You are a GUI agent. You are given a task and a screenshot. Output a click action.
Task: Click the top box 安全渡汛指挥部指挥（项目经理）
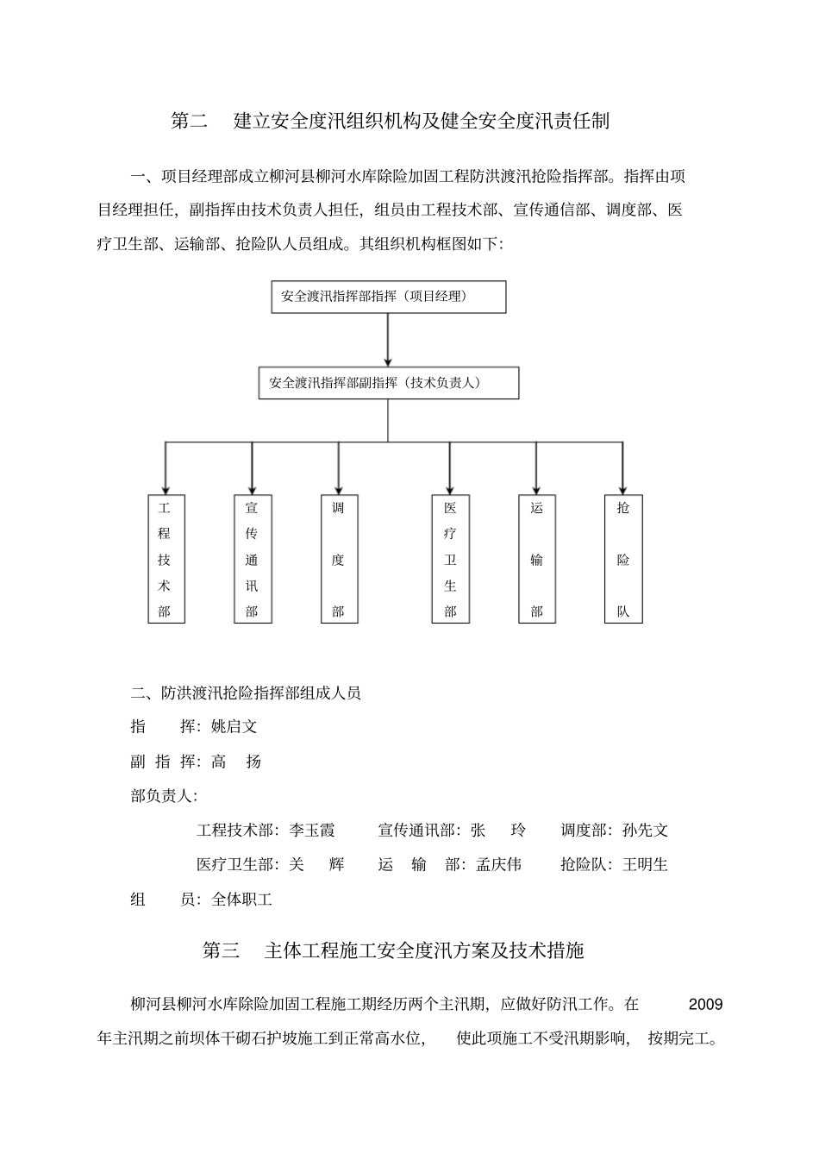[388, 297]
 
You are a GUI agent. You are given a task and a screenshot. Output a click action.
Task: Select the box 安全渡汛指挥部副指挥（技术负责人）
[388, 383]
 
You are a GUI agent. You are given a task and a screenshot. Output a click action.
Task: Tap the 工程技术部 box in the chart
[165, 559]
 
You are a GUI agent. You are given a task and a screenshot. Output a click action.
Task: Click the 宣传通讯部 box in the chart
[252, 559]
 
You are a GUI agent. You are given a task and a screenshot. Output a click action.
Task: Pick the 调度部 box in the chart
[338, 559]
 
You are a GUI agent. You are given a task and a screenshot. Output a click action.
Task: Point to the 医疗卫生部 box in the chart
[450, 559]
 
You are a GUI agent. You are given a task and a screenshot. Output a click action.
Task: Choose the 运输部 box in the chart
[537, 559]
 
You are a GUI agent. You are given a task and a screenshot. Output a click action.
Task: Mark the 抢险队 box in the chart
[623, 559]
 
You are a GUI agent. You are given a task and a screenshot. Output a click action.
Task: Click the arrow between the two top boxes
[388, 340]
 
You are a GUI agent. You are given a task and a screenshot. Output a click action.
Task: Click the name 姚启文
[234, 726]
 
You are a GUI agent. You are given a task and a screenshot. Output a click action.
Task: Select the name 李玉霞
[312, 830]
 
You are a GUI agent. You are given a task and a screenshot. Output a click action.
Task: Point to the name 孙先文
[645, 830]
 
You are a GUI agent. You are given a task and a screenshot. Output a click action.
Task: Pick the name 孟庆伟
[498, 864]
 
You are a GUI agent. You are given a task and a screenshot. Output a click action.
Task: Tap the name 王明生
[645, 864]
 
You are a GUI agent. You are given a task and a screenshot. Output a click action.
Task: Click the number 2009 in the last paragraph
[706, 1004]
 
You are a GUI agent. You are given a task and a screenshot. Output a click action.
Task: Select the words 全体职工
[242, 900]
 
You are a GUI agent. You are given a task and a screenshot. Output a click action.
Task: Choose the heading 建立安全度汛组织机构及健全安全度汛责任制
[422, 121]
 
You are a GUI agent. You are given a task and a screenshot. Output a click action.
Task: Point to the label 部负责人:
[164, 795]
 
